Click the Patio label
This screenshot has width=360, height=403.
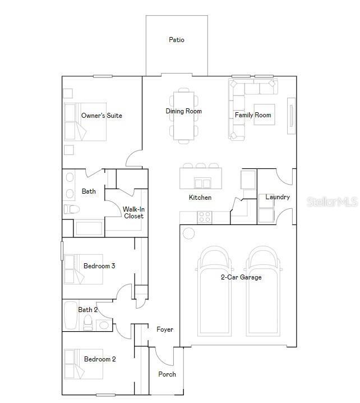coord(177,40)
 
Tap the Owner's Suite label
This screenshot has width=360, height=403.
coord(101,116)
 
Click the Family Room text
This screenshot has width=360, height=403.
coord(253,115)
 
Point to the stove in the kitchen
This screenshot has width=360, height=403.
coord(205,216)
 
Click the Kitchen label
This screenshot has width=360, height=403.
coord(200,198)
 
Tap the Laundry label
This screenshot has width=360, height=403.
coord(278,197)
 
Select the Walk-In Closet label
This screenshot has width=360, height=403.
coord(133,213)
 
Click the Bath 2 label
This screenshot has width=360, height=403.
coord(88,310)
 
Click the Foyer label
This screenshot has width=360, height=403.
coord(165,329)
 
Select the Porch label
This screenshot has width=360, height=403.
coord(167,374)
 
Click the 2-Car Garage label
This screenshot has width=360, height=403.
coord(241,277)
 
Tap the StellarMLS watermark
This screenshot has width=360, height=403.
coord(332,201)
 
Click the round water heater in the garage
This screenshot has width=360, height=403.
coord(189,233)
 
